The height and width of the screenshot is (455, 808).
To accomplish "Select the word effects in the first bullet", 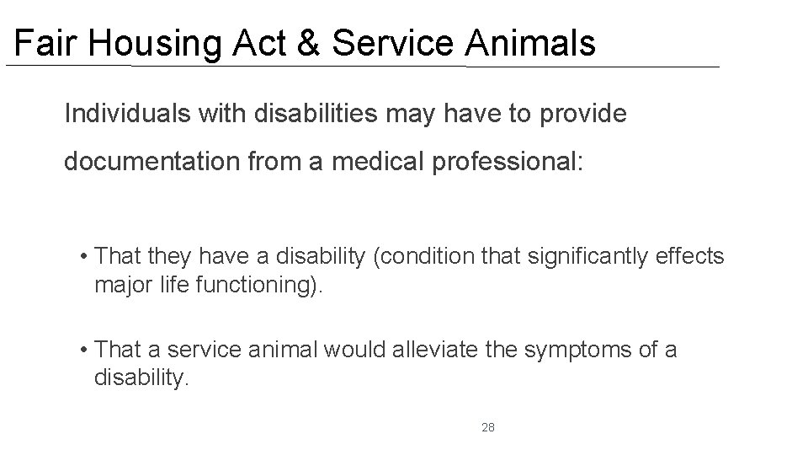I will point(690,255).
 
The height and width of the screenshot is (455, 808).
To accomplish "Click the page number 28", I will point(488,428).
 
